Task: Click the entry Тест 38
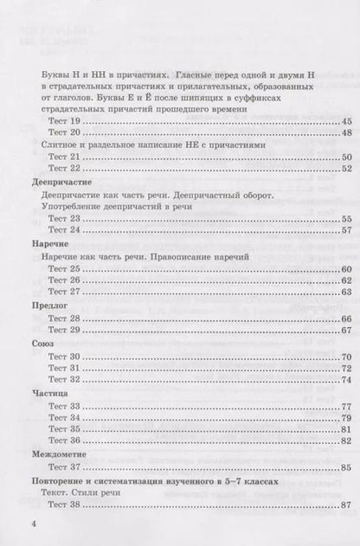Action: [x=63, y=504]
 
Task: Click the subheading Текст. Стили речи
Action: [x=83, y=491]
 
